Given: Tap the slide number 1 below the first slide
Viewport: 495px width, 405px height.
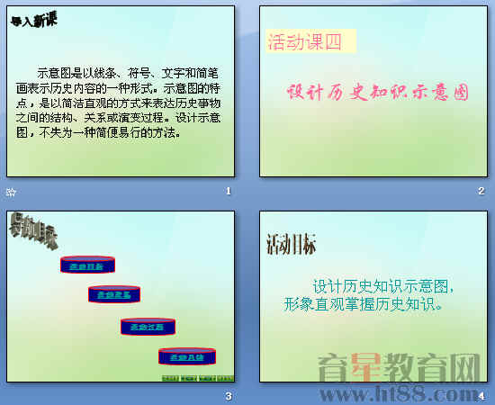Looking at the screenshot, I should click(229, 191).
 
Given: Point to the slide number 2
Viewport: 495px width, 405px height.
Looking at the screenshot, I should click(481, 191).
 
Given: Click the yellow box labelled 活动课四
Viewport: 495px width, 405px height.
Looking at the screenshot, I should click(306, 40).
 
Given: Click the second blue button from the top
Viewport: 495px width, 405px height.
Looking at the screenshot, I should click(115, 293).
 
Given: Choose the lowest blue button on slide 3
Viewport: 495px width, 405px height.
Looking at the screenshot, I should click(187, 356).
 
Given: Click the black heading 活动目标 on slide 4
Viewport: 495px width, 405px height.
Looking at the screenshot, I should click(291, 244).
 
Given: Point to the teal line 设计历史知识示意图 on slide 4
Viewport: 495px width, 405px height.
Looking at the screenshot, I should click(382, 287).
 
